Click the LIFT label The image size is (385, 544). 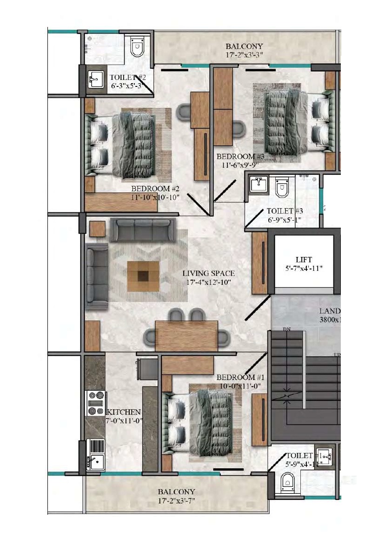point(304,259)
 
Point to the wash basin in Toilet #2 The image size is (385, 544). point(96,79)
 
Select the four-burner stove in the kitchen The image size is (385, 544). point(95,403)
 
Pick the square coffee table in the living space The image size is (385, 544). point(144,276)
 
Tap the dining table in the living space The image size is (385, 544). point(186,335)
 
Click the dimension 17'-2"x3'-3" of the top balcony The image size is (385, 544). point(244,54)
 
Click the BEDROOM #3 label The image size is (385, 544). point(237,157)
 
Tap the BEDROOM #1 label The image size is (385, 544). point(236,378)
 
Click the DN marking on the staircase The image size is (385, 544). point(286,329)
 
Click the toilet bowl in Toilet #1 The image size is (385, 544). point(288,484)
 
